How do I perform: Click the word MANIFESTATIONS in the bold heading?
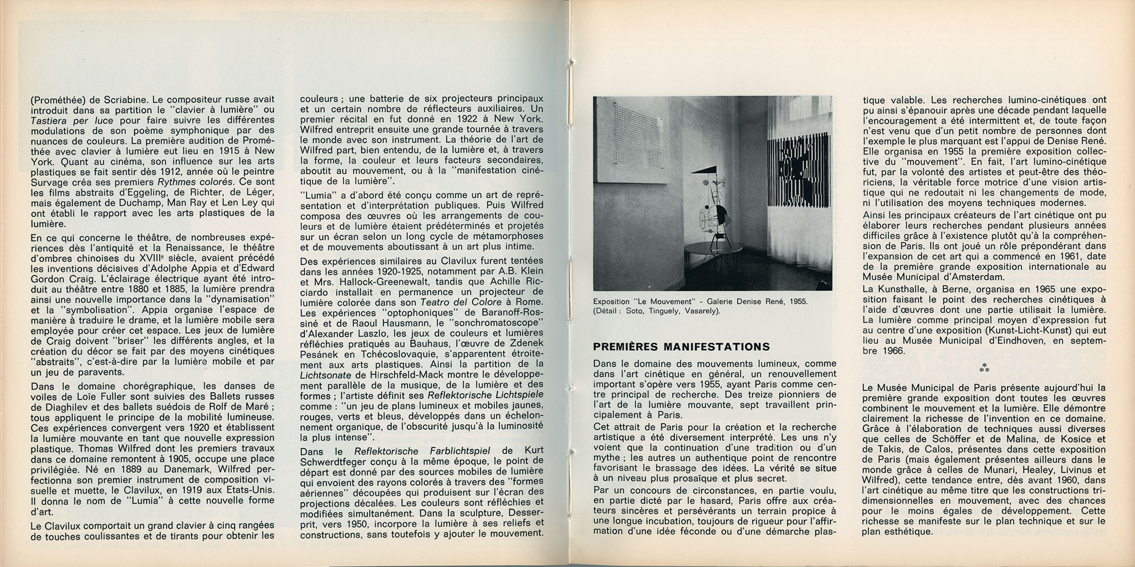(x=720, y=347)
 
